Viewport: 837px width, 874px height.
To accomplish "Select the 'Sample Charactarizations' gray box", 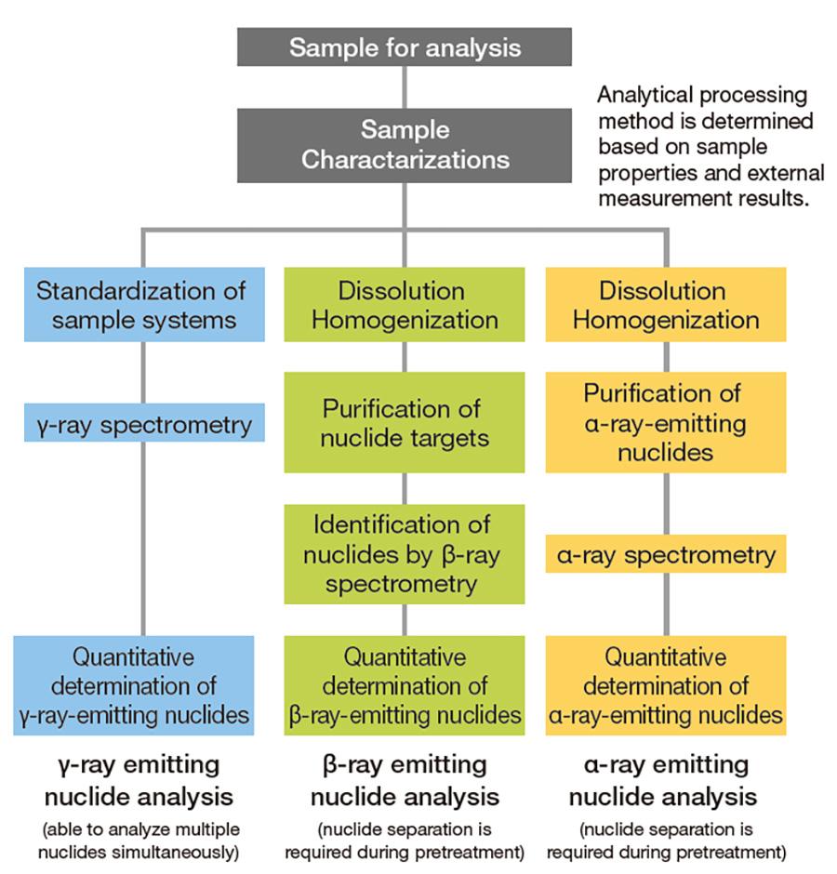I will (404, 145).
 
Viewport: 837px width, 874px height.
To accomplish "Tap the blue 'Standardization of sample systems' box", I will (140, 305).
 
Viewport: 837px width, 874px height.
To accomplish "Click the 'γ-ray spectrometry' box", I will (144, 425).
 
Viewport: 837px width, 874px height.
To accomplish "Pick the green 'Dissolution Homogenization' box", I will (404, 305).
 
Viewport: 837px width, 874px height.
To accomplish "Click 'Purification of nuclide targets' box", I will (404, 422).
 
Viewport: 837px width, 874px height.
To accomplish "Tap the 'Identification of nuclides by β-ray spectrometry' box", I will (404, 554).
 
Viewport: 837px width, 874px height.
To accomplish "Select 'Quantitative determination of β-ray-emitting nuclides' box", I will (404, 686).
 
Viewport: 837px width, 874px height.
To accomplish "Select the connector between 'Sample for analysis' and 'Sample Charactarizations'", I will (404, 86).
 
